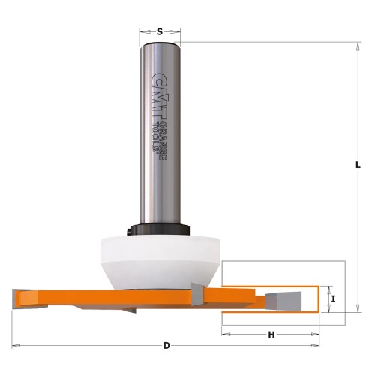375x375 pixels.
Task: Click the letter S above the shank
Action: coord(160,31)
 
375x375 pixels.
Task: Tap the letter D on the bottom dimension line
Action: coord(166,345)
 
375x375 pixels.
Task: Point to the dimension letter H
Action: coord(271,334)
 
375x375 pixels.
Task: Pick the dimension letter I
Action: coord(331,298)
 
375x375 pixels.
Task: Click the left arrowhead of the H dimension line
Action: coord(224,334)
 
